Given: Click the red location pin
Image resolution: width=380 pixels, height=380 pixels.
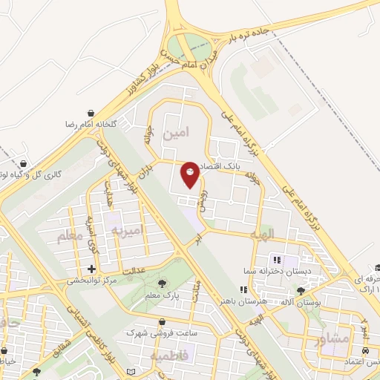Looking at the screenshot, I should coord(190,174).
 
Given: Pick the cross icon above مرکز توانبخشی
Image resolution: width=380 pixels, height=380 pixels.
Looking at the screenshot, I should coord(91,269).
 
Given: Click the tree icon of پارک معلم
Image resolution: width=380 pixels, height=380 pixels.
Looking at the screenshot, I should coord(163,284).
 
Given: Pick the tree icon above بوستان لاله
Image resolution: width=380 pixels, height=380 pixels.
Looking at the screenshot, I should coord(301,291).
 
